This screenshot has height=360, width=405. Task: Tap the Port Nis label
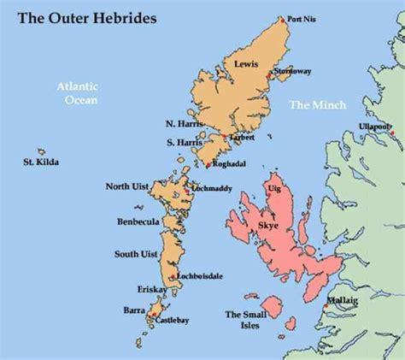tap(301, 18)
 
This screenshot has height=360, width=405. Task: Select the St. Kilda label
tap(42, 160)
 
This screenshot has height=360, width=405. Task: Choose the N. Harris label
tap(183, 125)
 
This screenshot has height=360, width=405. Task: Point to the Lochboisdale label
tap(200, 276)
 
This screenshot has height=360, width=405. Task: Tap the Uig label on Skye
tap(275, 186)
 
